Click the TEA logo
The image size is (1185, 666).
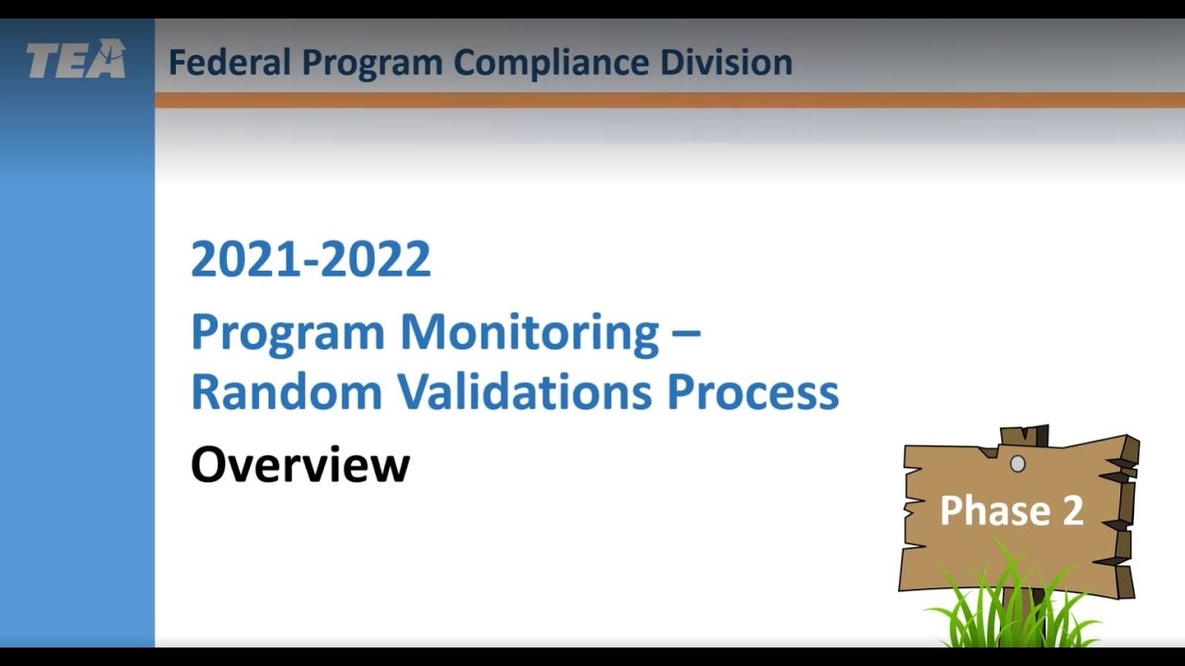[x=76, y=60]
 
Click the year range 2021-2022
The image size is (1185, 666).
[x=311, y=259]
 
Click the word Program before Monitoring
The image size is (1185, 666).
[x=287, y=333]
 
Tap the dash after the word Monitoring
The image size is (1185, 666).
[x=685, y=331]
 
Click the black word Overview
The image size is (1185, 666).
[x=300, y=464]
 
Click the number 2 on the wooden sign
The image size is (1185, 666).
[x=1073, y=511]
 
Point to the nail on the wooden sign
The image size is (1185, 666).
[x=1017, y=463]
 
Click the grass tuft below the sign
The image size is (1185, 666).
[x=1014, y=610]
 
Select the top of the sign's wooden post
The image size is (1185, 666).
[x=1024, y=435]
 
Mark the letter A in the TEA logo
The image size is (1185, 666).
[x=110, y=60]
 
